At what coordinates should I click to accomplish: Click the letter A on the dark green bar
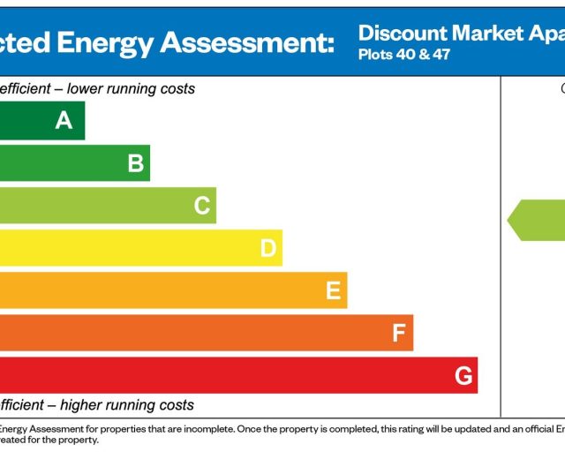64,121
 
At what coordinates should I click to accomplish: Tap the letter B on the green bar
135,163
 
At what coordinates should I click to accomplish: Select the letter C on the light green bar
202,206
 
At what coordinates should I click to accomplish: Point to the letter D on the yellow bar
268,249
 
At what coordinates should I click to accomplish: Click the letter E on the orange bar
333,291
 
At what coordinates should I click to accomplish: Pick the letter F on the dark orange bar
399,334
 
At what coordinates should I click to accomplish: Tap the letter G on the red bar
463,376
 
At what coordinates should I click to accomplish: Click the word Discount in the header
403,34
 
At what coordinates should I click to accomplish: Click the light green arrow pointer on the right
535,220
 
